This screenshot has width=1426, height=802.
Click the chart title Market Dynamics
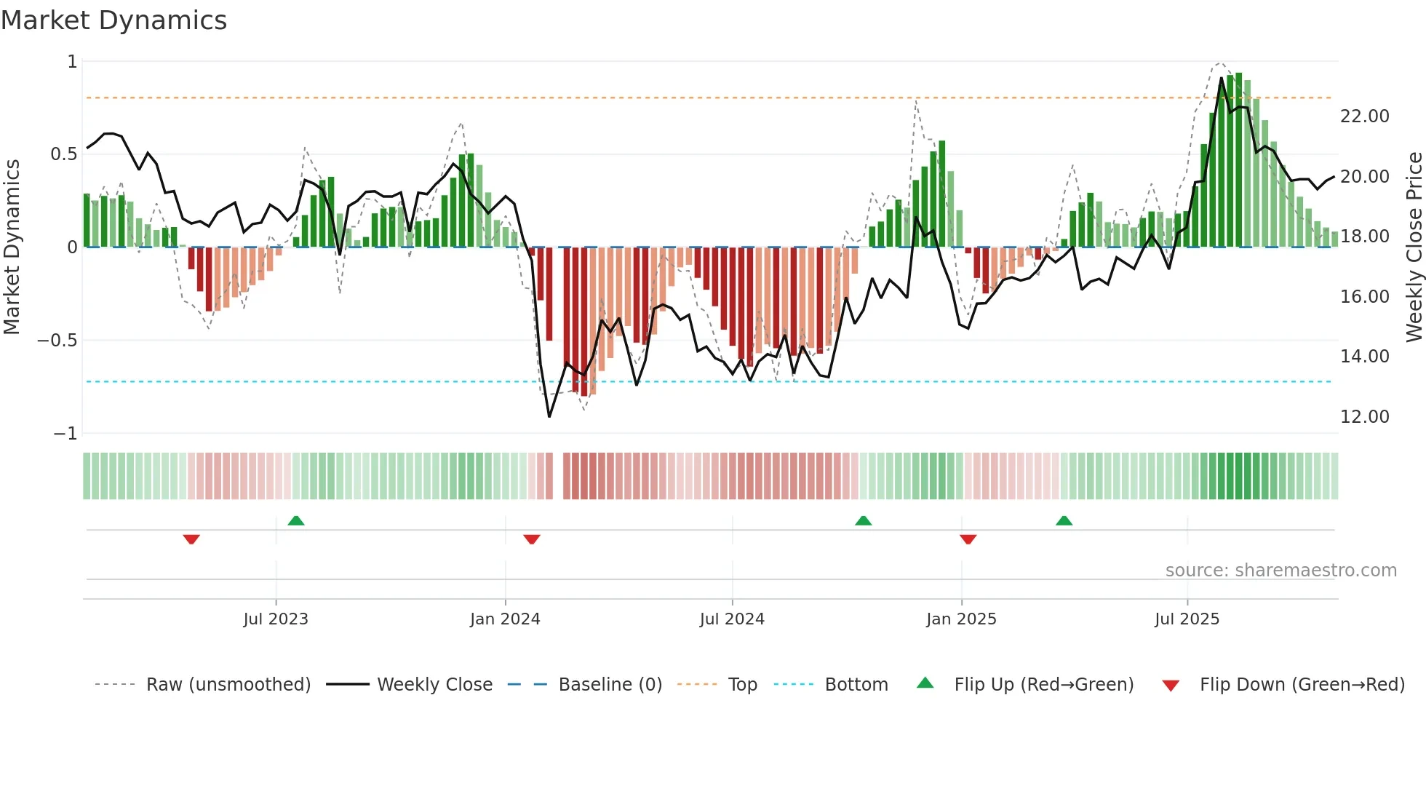coord(113,20)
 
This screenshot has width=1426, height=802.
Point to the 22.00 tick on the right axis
coord(1364,116)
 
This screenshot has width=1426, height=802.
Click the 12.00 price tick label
coord(1364,417)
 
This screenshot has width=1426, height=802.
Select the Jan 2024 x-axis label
coord(505,619)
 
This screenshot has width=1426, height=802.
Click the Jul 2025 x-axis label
coord(1187,619)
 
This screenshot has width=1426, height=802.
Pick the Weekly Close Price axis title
coord(1414,247)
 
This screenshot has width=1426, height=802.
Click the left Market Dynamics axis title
coord(12,247)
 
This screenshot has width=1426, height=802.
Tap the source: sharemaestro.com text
coord(1280,571)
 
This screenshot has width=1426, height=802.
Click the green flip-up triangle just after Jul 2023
coord(296,520)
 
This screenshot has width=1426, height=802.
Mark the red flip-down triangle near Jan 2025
coord(968,539)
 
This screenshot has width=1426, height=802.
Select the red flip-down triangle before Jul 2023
coord(191,539)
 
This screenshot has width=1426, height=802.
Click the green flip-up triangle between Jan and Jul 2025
coord(1064,520)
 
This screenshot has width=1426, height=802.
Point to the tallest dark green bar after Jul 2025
coord(1238,160)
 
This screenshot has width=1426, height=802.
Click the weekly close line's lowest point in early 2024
coord(549,416)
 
